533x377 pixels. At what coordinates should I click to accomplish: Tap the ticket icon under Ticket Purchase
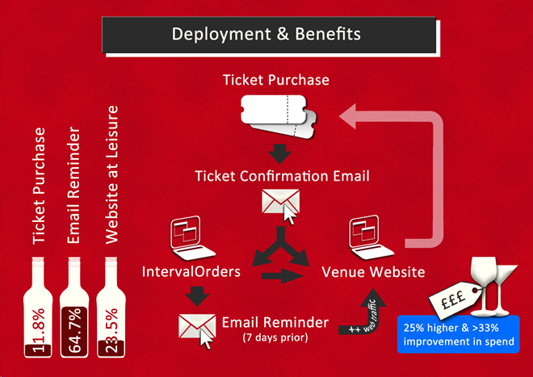pyautogui.click(x=279, y=116)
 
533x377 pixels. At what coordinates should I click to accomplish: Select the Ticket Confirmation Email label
pyautogui.click(x=282, y=176)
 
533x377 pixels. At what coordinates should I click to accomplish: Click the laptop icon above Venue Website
pyautogui.click(x=371, y=237)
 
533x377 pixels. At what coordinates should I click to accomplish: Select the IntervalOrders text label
pyautogui.click(x=191, y=271)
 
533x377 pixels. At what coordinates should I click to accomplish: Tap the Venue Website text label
pyautogui.click(x=373, y=272)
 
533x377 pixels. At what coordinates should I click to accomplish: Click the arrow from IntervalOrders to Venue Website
pyautogui.click(x=283, y=275)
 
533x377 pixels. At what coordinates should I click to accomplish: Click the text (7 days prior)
pyautogui.click(x=275, y=337)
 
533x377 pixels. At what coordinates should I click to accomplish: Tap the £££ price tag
pyautogui.click(x=454, y=300)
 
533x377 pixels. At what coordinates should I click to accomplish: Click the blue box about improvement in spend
pyautogui.click(x=459, y=334)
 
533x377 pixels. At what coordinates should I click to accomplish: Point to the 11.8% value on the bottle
pyautogui.click(x=38, y=329)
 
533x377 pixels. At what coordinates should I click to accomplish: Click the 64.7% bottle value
pyautogui.click(x=74, y=330)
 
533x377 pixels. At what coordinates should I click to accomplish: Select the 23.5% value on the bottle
pyautogui.click(x=111, y=330)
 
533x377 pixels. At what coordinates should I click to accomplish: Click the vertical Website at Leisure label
pyautogui.click(x=111, y=174)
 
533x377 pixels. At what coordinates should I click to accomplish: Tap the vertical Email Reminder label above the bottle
pyautogui.click(x=73, y=185)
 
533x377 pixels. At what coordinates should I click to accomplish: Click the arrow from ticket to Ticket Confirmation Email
pyautogui.click(x=279, y=153)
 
